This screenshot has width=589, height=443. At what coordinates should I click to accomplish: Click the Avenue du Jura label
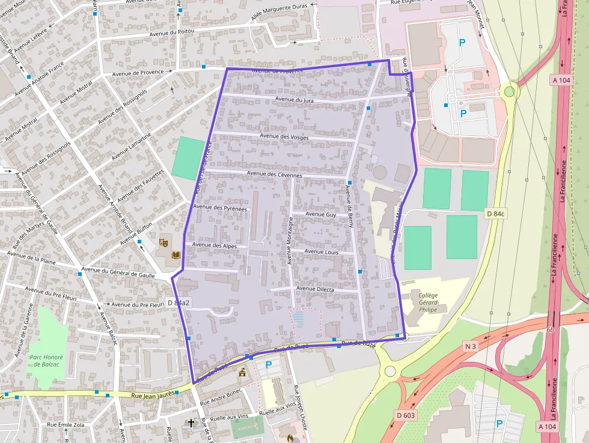tap(294, 100)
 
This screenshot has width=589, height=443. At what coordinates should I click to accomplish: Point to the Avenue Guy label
tap(321, 214)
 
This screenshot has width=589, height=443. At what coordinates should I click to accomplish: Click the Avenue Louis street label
tap(322, 252)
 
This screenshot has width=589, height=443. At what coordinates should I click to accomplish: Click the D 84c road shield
tap(496, 214)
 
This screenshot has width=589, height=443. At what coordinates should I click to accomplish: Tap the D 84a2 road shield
tap(178, 302)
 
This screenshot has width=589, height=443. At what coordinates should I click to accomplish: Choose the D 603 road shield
tap(406, 415)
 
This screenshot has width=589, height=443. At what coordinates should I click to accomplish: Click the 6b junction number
tap(550, 330)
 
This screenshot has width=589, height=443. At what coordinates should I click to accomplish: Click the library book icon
tap(175, 255)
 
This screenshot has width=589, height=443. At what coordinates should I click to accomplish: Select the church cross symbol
tap(191, 423)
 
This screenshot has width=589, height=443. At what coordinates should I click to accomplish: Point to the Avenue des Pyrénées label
tap(221, 208)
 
